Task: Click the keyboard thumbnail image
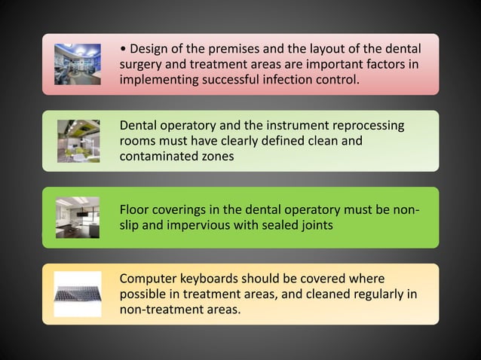click(78, 293)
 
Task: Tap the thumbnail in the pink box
click(78, 64)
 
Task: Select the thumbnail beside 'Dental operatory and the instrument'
click(78, 141)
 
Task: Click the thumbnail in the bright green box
click(78, 217)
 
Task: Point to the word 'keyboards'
click(215, 278)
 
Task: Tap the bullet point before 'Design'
click(124, 50)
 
